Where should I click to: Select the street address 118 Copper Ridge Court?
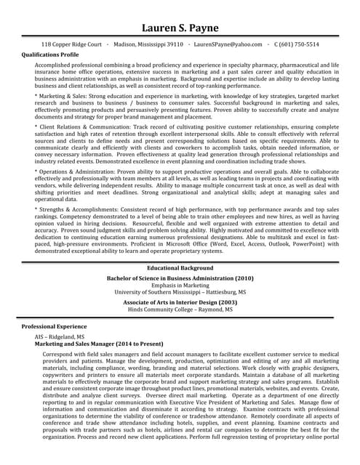[71, 44]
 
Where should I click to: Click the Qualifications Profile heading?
[50, 54]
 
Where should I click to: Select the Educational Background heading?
[180, 268]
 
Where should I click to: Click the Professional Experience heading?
[54, 327]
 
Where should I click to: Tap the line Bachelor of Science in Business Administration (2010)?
[180, 278]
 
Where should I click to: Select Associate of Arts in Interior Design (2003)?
[180, 302]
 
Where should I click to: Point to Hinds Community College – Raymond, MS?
[180, 310]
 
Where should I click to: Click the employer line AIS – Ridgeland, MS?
[60, 338]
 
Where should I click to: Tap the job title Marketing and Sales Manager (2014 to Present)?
[99, 344]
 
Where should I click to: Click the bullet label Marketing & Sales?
[66, 96]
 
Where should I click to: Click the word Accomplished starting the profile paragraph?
[55, 65]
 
